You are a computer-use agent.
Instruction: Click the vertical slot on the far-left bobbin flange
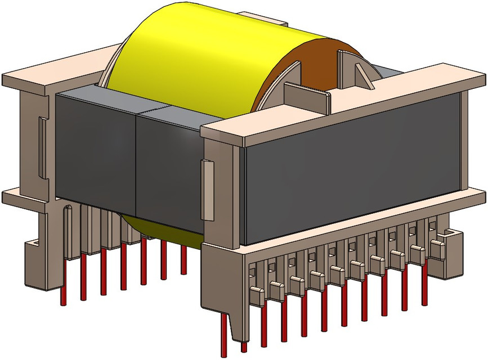42,146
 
